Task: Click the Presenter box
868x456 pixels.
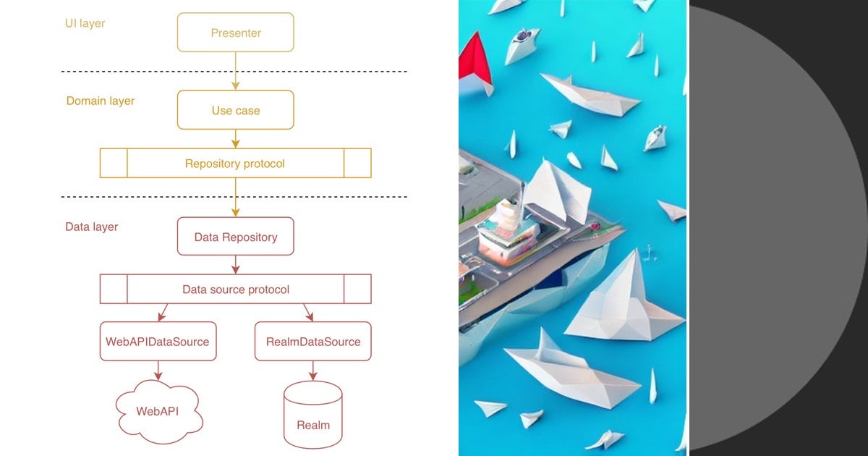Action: click(x=236, y=33)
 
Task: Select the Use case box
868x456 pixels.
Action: click(x=236, y=110)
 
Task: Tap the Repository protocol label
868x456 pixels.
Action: click(x=235, y=164)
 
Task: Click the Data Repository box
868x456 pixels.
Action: click(x=236, y=237)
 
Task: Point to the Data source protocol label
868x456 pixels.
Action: click(x=235, y=290)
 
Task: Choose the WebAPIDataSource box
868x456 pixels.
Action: click(x=158, y=342)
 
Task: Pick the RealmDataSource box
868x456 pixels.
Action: click(x=312, y=342)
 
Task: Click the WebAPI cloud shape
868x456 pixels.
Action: click(x=158, y=411)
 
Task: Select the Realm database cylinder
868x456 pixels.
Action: click(x=312, y=415)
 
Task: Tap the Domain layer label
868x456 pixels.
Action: click(x=101, y=101)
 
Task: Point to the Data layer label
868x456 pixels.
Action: click(x=92, y=227)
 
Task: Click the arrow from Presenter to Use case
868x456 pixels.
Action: click(x=236, y=71)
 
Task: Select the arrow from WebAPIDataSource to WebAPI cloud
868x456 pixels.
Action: click(x=158, y=371)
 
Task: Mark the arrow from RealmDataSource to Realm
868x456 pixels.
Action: click(x=312, y=371)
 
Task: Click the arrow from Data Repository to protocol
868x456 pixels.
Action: click(x=236, y=265)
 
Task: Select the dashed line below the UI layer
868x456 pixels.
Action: click(x=234, y=72)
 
